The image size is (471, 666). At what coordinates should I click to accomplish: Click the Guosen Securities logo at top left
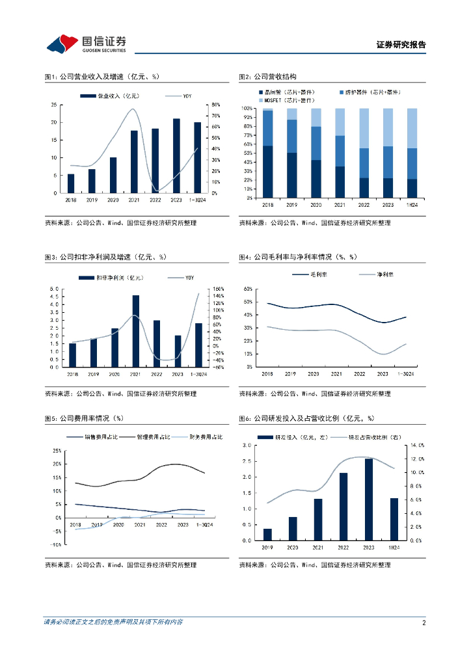click(x=86, y=44)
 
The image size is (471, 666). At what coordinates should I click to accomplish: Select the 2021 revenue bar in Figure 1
click(x=134, y=161)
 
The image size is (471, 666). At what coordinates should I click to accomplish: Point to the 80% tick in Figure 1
click(x=215, y=105)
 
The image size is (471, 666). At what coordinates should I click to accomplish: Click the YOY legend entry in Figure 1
click(x=186, y=96)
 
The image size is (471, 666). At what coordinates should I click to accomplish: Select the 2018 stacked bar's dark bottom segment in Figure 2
click(x=267, y=172)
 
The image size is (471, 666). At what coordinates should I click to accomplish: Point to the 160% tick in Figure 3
click(x=217, y=289)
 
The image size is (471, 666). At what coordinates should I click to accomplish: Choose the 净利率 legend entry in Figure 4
click(x=386, y=275)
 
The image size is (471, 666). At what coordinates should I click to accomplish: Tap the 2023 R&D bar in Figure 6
click(x=368, y=499)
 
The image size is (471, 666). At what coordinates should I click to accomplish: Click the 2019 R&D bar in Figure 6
click(x=267, y=534)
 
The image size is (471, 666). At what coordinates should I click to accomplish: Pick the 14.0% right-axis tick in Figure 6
click(x=416, y=446)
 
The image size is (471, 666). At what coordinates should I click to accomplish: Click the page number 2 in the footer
click(x=424, y=622)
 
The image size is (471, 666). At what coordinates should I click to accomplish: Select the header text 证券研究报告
click(x=401, y=46)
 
